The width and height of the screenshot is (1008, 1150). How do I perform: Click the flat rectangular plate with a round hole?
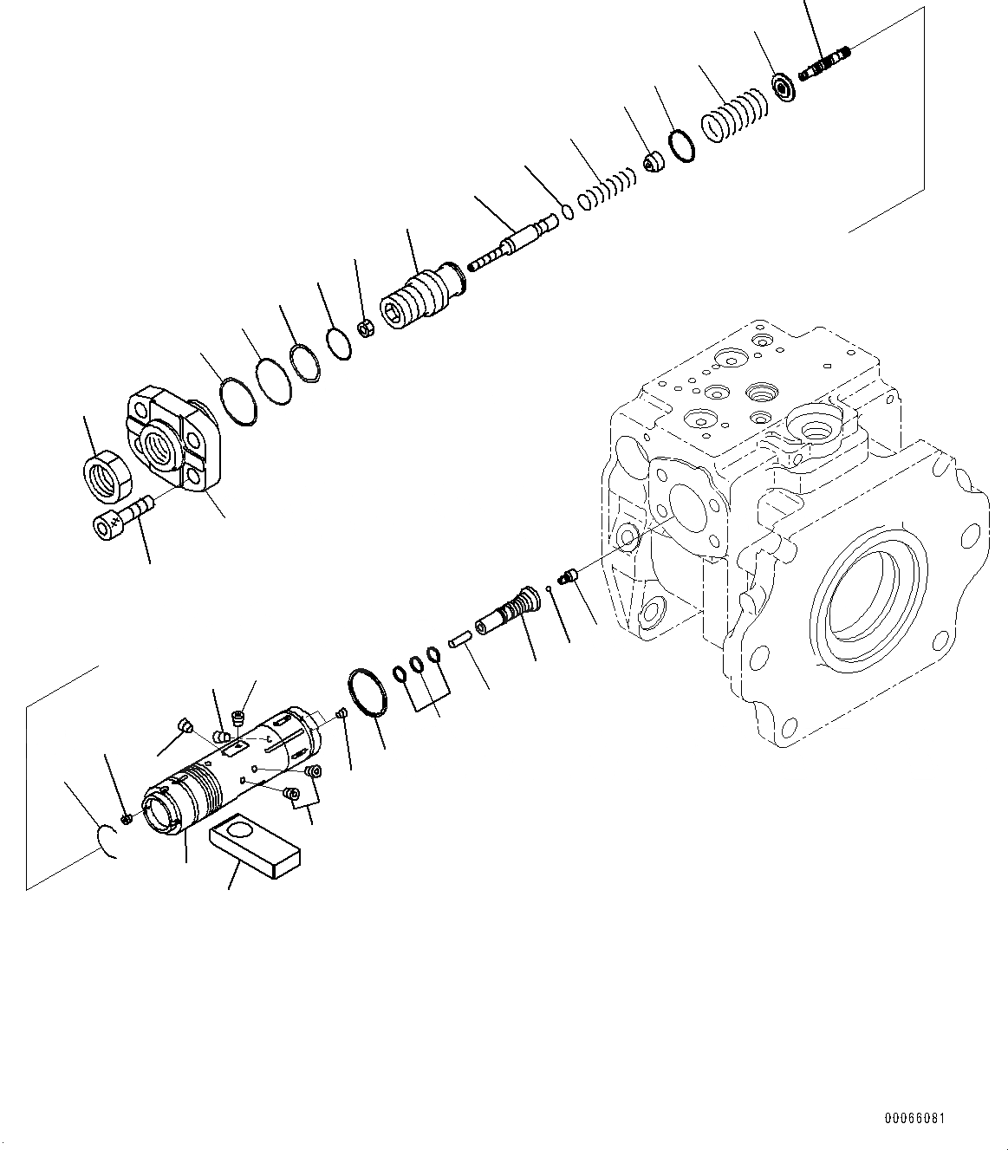point(255,844)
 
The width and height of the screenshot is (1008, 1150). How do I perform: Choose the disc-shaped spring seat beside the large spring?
point(784,88)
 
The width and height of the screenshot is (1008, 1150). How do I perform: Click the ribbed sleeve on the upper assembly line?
point(424,297)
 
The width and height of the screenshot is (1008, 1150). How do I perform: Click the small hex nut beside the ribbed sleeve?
point(367,328)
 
